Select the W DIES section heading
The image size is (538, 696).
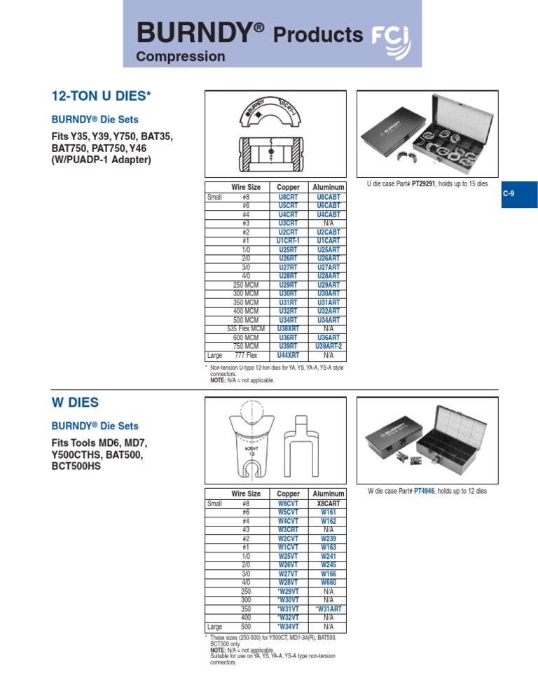pyautogui.click(x=75, y=403)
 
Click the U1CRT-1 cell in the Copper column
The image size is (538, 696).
pyautogui.click(x=288, y=241)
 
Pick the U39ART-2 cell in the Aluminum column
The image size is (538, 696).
pyautogui.click(x=329, y=347)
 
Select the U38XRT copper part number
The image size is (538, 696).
pyautogui.click(x=288, y=328)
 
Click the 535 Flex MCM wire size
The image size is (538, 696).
pyautogui.click(x=246, y=328)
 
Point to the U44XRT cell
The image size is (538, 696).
pyautogui.click(x=288, y=356)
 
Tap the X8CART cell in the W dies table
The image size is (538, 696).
pyautogui.click(x=329, y=503)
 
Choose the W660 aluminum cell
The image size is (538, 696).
pyautogui.click(x=329, y=582)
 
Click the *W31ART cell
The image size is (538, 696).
pyautogui.click(x=329, y=608)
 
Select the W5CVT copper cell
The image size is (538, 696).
pyautogui.click(x=288, y=512)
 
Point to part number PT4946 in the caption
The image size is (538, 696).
pyautogui.click(x=425, y=492)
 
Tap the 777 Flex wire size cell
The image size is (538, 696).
pyautogui.click(x=246, y=356)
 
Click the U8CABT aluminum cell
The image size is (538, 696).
pyautogui.click(x=329, y=197)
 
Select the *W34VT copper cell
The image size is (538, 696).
pyautogui.click(x=288, y=626)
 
